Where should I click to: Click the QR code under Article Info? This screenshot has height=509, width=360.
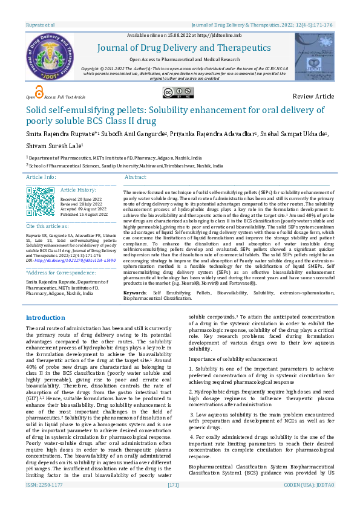coord(41,201)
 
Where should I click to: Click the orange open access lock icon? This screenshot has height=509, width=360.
coord(39,92)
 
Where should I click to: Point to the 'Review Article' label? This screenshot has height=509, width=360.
coord(313,97)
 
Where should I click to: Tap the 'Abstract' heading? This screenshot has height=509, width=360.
coord(136,177)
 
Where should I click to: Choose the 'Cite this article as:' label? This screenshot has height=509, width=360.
coord(48,225)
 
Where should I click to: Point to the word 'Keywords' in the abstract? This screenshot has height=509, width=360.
coord(134,292)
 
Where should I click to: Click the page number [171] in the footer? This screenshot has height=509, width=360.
coord(174,501)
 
